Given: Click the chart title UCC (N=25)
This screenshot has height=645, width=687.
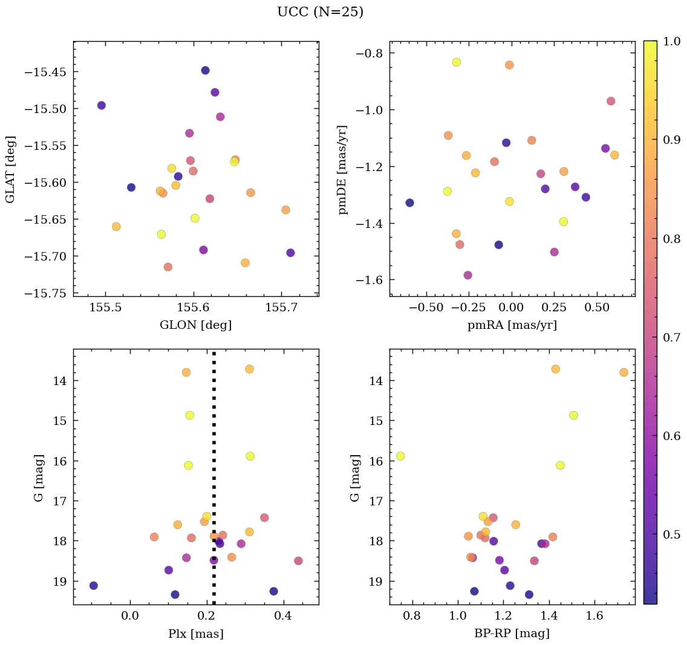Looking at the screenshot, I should [x=320, y=12].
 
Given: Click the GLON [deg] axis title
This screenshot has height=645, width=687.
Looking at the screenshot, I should [x=195, y=325].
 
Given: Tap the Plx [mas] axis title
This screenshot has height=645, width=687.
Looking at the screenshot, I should [x=195, y=634].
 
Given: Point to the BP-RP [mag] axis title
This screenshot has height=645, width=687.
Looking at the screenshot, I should [x=512, y=634].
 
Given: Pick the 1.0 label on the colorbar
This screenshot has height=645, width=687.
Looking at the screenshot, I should [x=669, y=42].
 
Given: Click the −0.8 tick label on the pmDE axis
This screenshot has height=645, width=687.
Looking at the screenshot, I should [x=370, y=53].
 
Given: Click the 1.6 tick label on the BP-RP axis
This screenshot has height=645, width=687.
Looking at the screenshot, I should [x=594, y=617].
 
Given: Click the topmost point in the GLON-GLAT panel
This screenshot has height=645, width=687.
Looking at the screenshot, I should [x=205, y=70].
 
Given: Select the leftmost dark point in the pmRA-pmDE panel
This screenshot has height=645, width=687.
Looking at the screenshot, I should [x=409, y=203].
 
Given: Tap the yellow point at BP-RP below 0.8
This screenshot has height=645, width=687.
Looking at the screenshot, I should [x=400, y=456].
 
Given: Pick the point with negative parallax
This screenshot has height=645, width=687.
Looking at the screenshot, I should [x=93, y=585].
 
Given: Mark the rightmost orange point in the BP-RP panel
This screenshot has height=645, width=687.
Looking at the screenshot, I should [x=624, y=372].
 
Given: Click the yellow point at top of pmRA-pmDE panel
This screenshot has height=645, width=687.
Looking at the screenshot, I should [x=456, y=62].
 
